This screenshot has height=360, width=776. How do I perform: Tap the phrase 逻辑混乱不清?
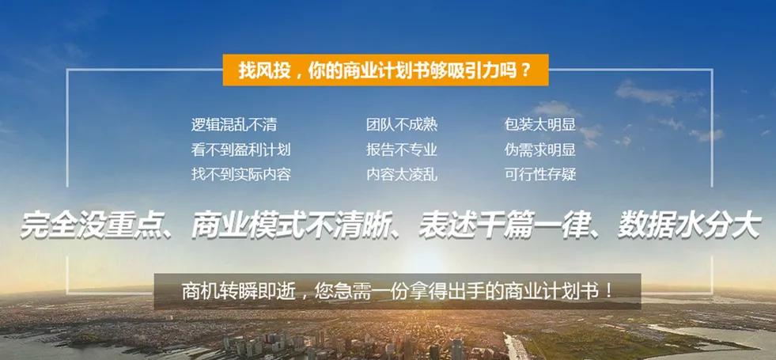(233, 125)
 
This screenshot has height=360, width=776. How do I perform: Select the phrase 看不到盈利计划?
(240, 150)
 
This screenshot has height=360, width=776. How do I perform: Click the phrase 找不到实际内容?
(240, 174)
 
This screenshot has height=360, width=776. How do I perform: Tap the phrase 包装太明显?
(539, 125)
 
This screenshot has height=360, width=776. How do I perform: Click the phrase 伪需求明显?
(539, 150)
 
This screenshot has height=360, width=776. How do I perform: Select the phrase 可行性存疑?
(539, 174)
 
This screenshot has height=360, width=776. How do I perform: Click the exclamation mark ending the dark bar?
(609, 290)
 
